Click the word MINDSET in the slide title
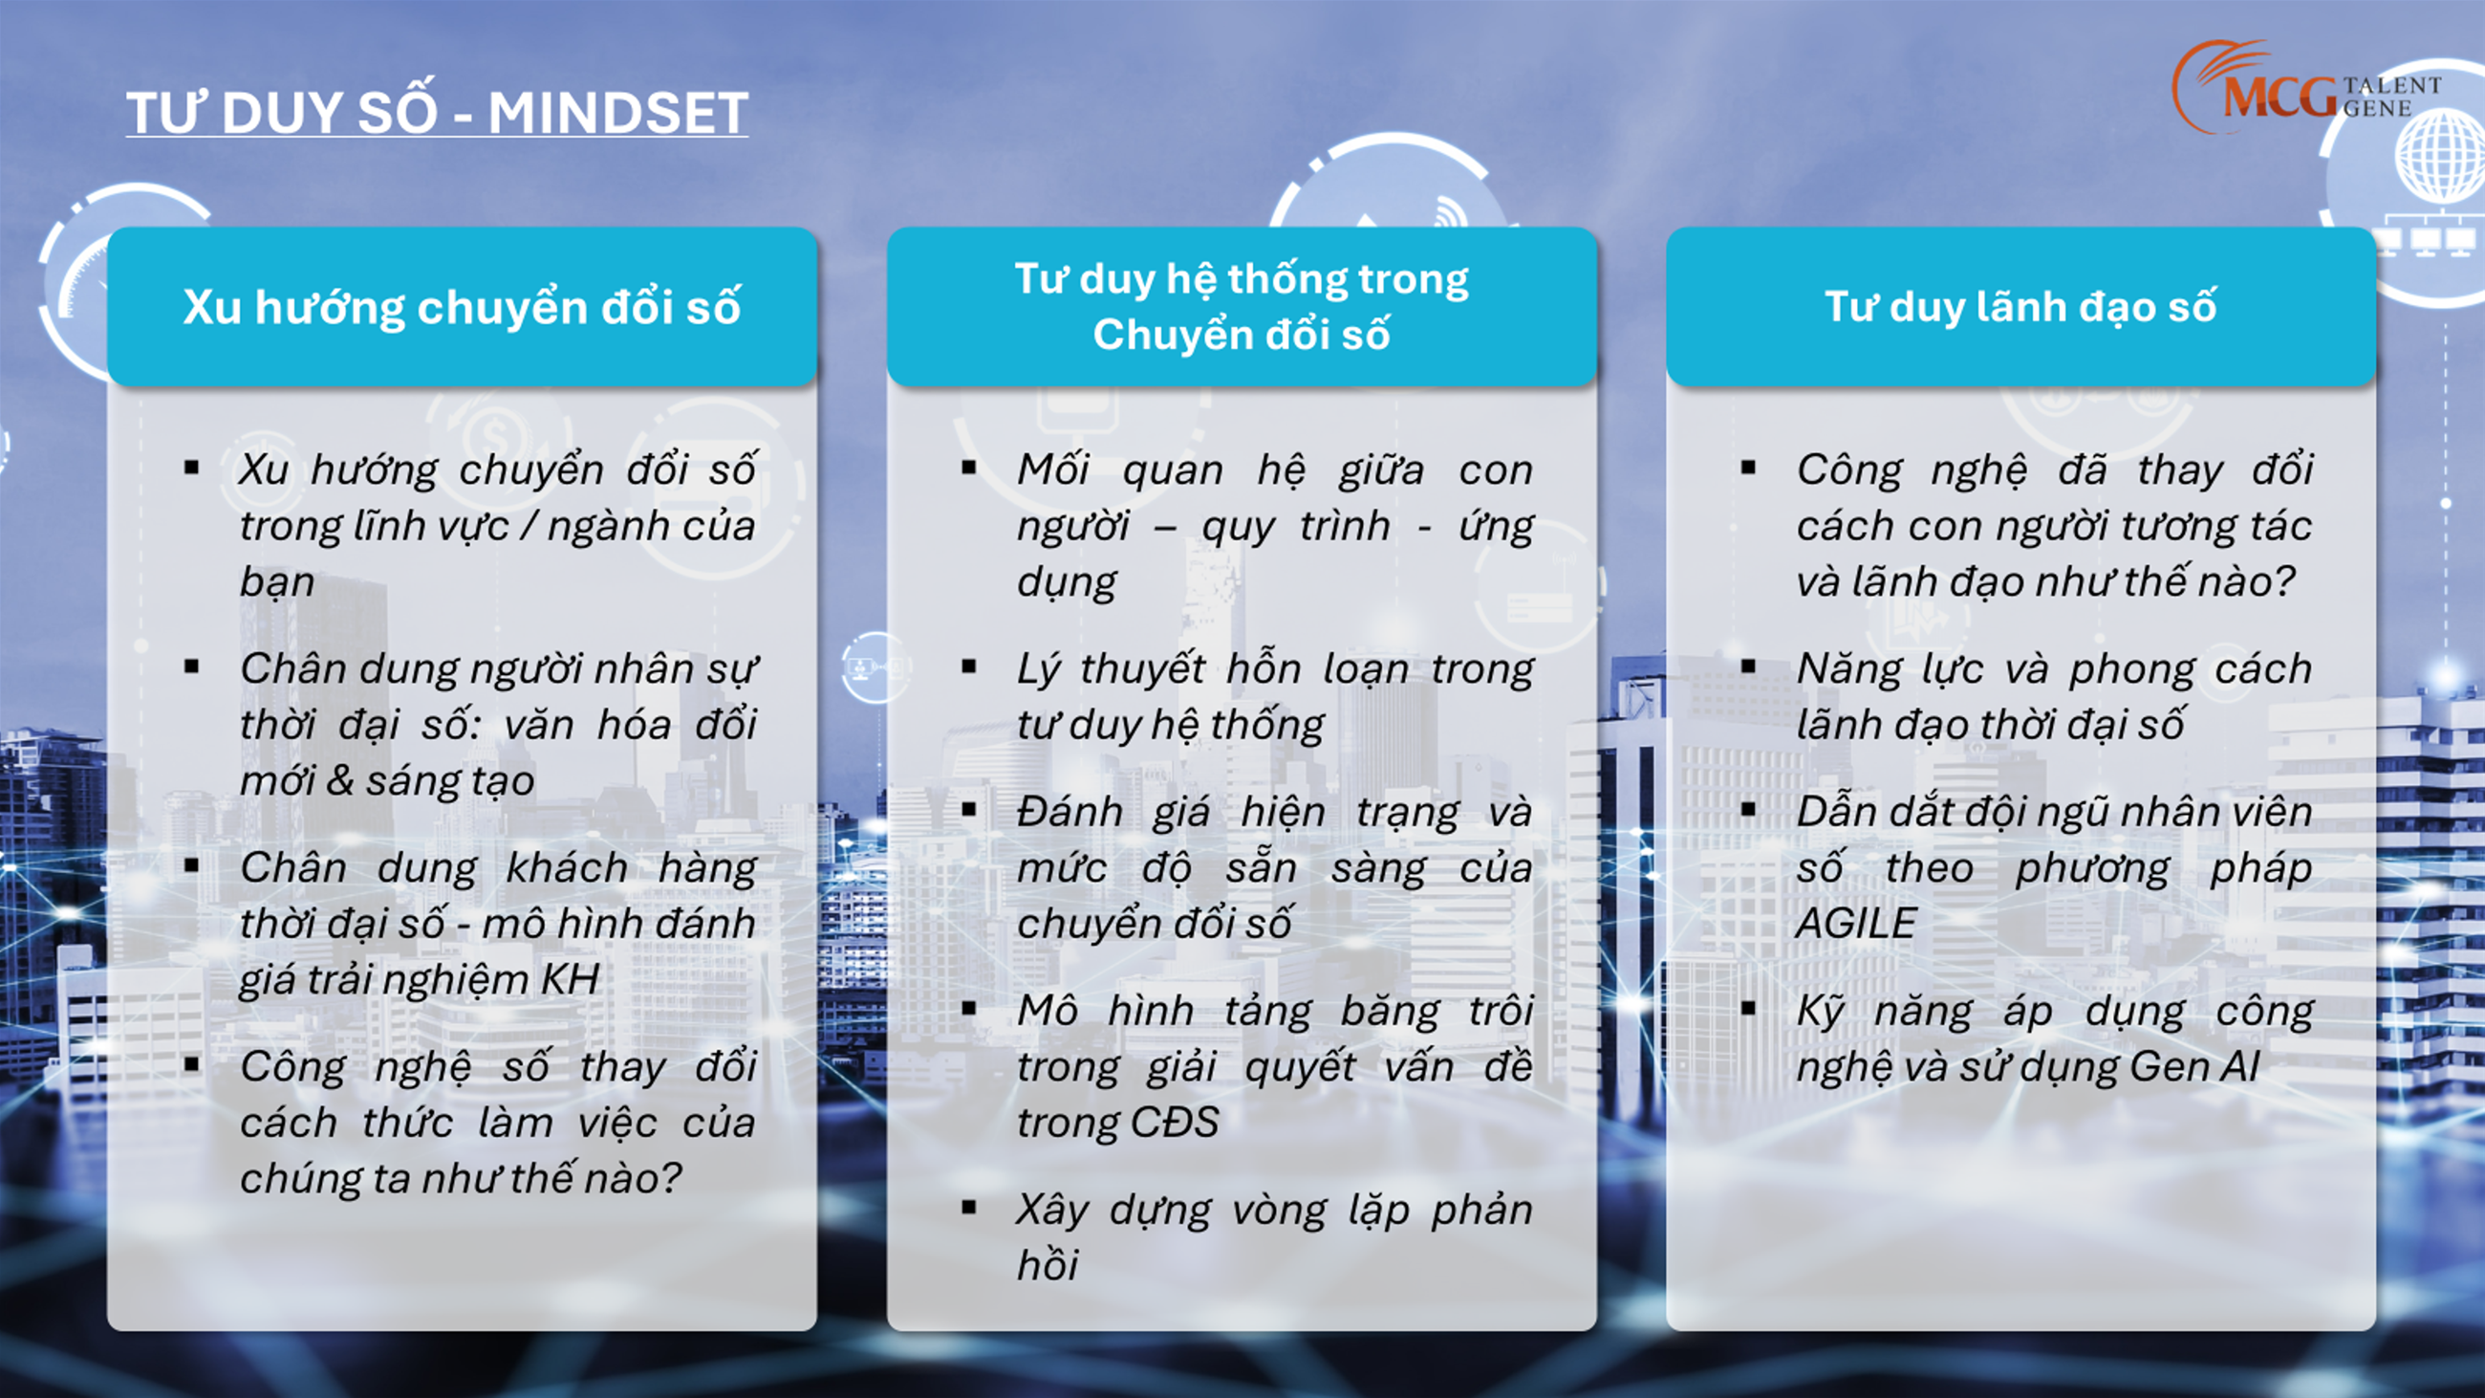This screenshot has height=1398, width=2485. tap(617, 113)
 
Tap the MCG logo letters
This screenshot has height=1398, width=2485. tap(2281, 98)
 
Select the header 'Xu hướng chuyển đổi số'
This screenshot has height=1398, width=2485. tap(462, 307)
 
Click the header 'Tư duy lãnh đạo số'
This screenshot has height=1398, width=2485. tap(2020, 307)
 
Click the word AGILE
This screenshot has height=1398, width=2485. tap(1856, 924)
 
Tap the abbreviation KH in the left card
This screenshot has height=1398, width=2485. tap(572, 979)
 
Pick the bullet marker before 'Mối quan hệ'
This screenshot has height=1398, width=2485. tap(969, 468)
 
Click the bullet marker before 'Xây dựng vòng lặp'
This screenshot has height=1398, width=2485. tap(969, 1207)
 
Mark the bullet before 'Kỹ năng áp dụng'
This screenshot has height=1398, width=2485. tap(1749, 1008)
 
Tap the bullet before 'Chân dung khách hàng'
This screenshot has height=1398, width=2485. tap(191, 865)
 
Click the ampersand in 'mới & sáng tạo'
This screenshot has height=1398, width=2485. tap(338, 780)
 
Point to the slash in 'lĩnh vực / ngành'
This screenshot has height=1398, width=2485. tap(528, 527)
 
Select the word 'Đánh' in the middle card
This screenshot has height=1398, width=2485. tap(1070, 812)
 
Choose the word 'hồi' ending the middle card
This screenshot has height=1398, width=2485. tap(1048, 1265)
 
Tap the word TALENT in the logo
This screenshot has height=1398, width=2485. tap(2392, 86)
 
